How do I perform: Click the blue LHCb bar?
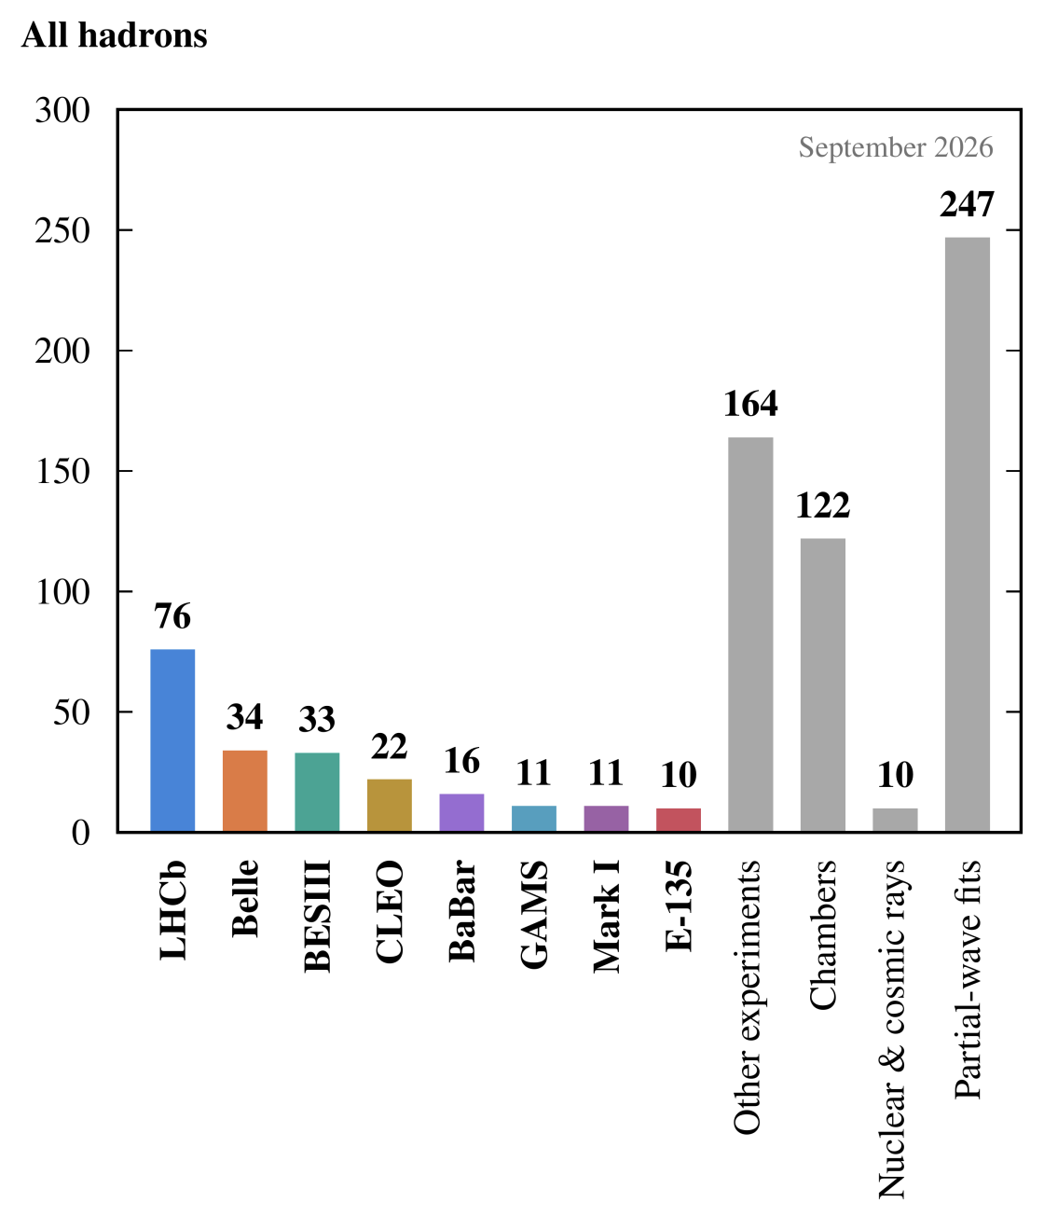coord(172,740)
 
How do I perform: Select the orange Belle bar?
coord(244,791)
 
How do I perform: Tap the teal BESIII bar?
coord(317,792)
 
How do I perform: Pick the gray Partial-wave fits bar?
coord(968,534)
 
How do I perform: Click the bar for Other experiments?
coord(750,634)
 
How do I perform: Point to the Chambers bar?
coord(823,684)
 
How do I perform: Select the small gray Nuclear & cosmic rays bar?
coord(895,820)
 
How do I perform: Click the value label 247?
coord(967,204)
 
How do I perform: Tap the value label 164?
coord(750,404)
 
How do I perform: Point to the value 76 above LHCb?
coord(172,616)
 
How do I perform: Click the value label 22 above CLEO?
coord(390,746)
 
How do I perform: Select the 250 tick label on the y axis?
coord(62,230)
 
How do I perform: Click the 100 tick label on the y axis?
coord(63,591)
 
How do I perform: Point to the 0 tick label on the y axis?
coord(81,833)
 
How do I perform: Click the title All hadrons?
coord(115,35)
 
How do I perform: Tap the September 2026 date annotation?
coord(896,147)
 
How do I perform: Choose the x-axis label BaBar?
coord(461,911)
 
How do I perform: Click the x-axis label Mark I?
coord(607,916)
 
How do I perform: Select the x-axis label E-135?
coord(679,906)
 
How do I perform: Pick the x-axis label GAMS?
coord(534,914)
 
